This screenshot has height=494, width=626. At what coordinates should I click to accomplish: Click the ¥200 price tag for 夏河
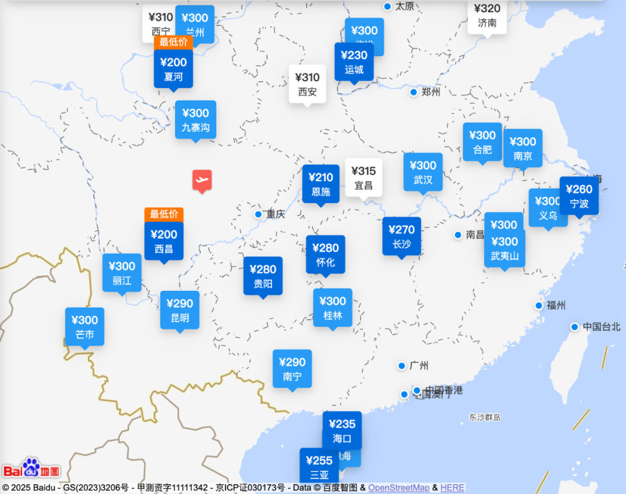click(x=173, y=68)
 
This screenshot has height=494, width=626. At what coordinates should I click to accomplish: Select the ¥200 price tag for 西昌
click(x=164, y=241)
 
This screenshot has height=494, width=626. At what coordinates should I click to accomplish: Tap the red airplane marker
click(x=202, y=181)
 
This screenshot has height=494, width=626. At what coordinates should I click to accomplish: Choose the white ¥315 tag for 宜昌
click(x=363, y=178)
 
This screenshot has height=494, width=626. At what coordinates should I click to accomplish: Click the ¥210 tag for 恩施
click(x=321, y=184)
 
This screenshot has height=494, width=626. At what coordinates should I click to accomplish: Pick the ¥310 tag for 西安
click(x=307, y=84)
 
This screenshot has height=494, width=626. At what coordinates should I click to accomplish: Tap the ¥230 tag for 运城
click(x=354, y=62)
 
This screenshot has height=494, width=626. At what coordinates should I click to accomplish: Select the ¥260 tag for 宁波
click(x=579, y=196)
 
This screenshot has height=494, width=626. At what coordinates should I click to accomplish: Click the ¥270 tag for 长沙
click(x=402, y=236)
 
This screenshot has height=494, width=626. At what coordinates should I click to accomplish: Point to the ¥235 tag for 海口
click(x=342, y=430)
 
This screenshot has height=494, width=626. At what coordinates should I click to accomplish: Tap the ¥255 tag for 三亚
click(x=319, y=467)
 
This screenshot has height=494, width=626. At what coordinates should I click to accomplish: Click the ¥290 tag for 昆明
click(x=180, y=310)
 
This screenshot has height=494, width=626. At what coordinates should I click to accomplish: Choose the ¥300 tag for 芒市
click(x=85, y=327)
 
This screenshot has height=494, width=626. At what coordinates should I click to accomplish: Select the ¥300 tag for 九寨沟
click(x=195, y=120)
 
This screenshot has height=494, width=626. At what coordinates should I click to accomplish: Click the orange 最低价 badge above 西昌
click(x=164, y=214)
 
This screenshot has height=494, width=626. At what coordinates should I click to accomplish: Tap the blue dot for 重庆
click(x=259, y=214)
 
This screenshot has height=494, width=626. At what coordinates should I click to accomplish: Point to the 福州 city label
click(x=556, y=305)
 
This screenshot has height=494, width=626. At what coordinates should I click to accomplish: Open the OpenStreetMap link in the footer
click(x=399, y=488)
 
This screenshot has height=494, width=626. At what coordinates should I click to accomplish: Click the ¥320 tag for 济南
click(x=487, y=16)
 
